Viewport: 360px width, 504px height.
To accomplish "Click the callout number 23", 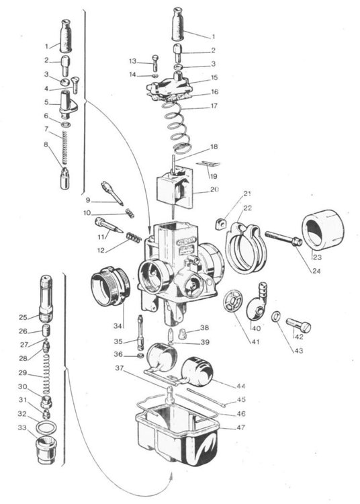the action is (317, 257).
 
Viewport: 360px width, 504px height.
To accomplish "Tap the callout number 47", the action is (241, 427).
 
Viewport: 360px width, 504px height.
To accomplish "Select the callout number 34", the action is (118, 326).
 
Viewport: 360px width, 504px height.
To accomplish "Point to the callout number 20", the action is (214, 190).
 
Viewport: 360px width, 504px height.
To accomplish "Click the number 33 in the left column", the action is (22, 428).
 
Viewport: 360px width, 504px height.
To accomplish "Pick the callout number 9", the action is (88, 200).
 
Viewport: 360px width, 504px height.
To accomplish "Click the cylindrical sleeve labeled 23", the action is (322, 230).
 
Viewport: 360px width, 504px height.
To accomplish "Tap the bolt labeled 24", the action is (283, 239).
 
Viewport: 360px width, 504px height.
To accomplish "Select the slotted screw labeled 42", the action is (299, 325).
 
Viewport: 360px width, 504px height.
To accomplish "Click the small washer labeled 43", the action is (275, 317).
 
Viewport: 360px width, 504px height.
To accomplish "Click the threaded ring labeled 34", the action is (111, 286).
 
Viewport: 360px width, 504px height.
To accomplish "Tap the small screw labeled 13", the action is (155, 63).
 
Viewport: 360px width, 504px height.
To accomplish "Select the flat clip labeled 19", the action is (208, 163).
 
